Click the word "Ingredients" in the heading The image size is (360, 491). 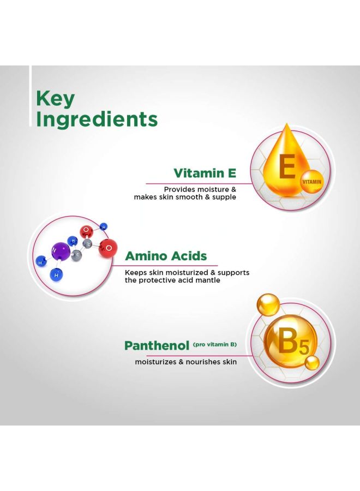[97, 119]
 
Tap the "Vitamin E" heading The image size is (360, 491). [205, 173]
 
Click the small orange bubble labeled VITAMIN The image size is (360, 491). [312, 181]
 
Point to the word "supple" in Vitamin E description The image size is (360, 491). [224, 197]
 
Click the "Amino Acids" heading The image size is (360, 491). [166, 256]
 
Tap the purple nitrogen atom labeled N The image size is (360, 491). [61, 251]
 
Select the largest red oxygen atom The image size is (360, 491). [108, 248]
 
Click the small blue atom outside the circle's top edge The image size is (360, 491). [104, 226]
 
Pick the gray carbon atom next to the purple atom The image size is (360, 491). [76, 255]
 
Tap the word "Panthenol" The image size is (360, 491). [157, 346]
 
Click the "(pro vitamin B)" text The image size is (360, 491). [215, 345]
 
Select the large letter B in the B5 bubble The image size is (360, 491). [287, 342]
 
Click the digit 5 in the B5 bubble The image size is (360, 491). [304, 348]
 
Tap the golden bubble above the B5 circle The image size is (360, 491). [268, 304]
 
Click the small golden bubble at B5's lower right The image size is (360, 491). [312, 363]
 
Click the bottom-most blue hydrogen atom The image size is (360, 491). [56, 274]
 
